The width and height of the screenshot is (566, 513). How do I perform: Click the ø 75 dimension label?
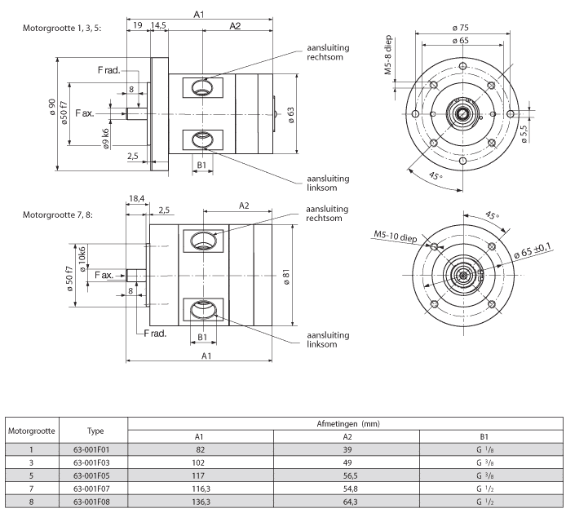coord(460,28)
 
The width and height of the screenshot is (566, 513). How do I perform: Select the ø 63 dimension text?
coord(291,115)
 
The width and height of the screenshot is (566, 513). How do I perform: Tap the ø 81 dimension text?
coord(286,277)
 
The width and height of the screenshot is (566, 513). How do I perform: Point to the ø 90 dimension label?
coord(52,107)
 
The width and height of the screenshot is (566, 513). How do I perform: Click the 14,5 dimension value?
coord(158,25)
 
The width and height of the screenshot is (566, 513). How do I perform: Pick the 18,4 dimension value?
coord(136,198)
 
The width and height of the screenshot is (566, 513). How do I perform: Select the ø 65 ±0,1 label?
coord(533,250)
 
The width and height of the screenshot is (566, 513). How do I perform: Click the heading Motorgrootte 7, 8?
coord(58,214)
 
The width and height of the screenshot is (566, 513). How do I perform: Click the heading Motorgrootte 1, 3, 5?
coord(62,29)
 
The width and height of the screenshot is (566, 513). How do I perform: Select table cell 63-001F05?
coord(91,475)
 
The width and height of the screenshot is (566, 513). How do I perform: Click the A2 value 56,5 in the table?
coord(350,475)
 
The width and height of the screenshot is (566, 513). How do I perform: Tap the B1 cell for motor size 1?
coord(484,450)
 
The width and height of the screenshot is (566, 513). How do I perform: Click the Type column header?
coord(95,431)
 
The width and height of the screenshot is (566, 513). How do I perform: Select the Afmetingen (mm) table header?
coord(348,424)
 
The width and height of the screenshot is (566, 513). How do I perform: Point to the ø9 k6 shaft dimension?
coord(105,139)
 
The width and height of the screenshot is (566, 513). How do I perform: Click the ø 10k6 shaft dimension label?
coord(82,259)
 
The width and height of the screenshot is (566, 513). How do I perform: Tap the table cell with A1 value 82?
coord(201,450)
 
